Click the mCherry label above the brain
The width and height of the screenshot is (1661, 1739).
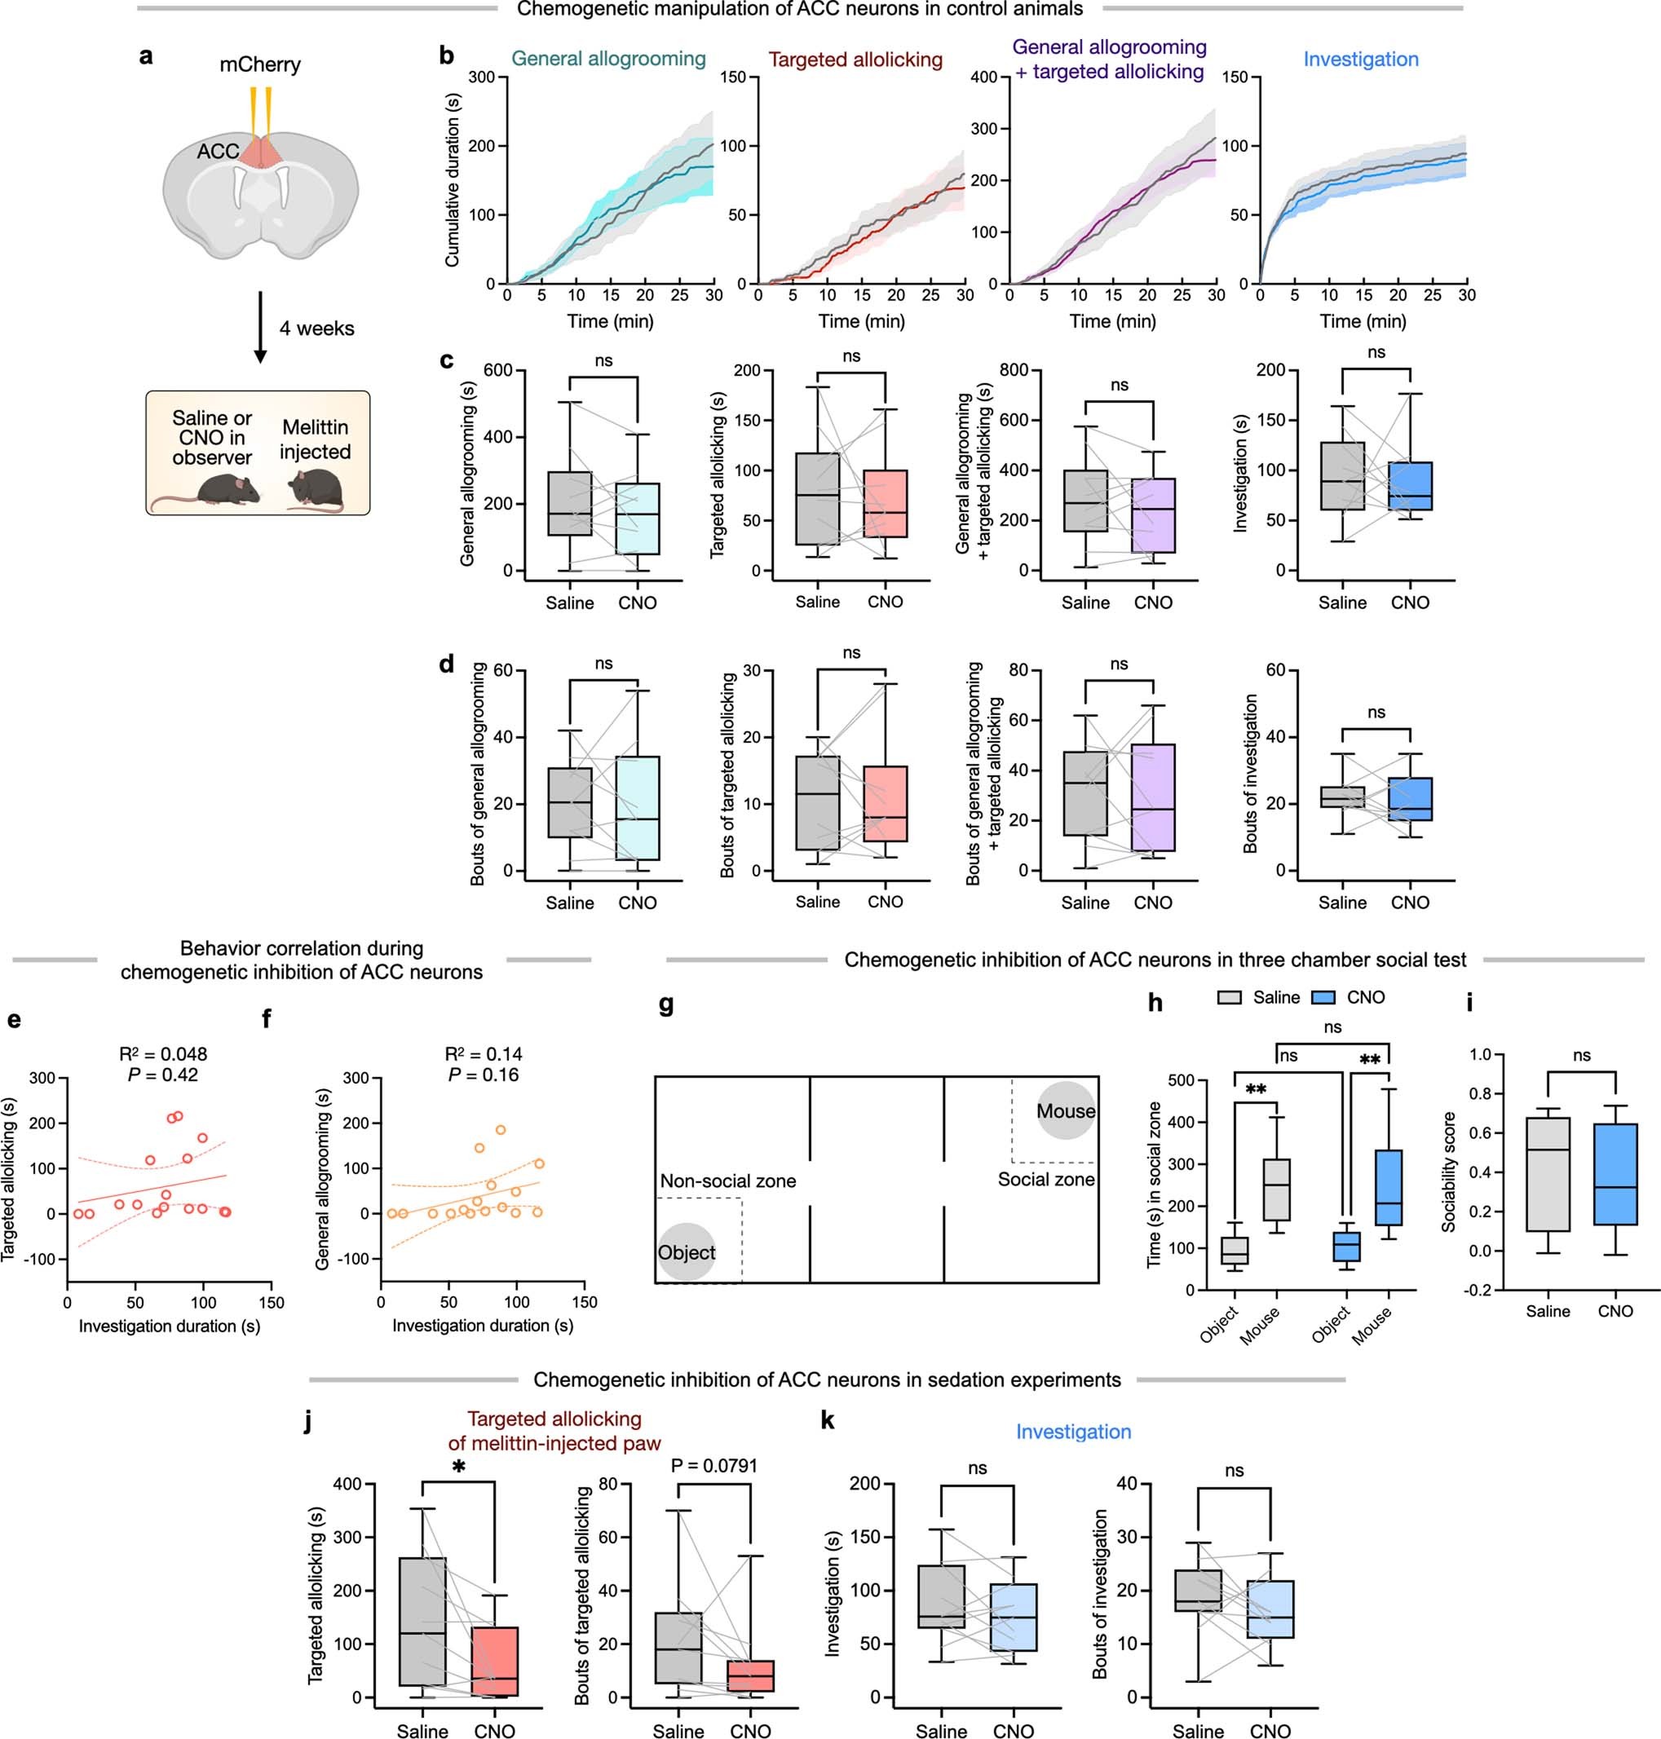pos(259,64)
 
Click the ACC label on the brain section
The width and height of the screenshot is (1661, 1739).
pos(217,152)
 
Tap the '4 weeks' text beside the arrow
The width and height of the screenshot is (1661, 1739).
pos(316,329)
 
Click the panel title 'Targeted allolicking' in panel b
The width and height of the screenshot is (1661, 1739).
pos(855,60)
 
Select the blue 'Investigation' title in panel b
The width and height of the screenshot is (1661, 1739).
pos(1360,60)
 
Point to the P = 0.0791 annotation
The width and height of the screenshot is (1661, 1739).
pos(713,1465)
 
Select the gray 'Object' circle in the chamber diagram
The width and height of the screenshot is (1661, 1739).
pos(687,1252)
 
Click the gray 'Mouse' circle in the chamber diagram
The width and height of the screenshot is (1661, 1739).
pos(1065,1110)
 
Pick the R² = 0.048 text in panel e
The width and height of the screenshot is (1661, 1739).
pos(163,1053)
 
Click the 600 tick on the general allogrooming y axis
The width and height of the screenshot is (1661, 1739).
pos(497,370)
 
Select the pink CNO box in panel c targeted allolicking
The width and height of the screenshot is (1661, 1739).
pos(885,504)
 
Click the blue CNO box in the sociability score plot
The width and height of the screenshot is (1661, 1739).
pos(1615,1174)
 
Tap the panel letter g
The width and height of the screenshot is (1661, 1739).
pos(666,1004)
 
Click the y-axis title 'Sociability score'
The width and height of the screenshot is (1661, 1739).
pos(1448,1172)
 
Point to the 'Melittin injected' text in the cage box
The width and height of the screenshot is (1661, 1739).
pos(316,439)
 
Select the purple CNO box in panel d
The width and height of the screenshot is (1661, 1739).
pos(1153,797)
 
